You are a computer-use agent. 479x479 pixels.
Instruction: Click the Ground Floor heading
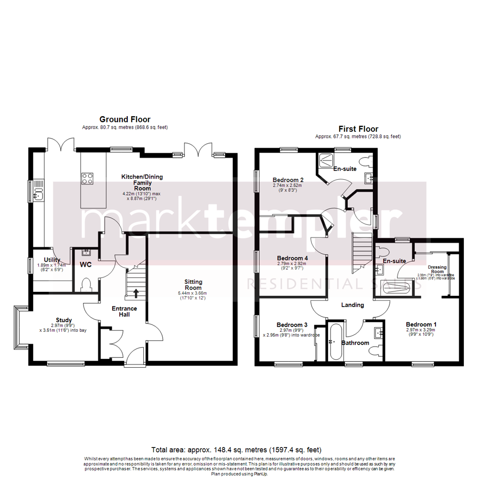pyautogui.click(x=125, y=119)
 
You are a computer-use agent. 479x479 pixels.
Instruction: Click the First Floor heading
pyautogui.click(x=358, y=129)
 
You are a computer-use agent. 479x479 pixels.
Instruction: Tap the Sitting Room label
pyautogui.click(x=193, y=285)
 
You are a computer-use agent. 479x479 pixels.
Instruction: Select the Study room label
pyautogui.click(x=64, y=320)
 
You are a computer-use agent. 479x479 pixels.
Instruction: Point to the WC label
pyautogui.click(x=86, y=265)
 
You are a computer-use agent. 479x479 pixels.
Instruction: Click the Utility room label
pyautogui.click(x=52, y=260)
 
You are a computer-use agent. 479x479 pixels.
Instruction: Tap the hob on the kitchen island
pyautogui.click(x=87, y=178)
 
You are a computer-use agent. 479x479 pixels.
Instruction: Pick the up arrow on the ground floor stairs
pyautogui.click(x=136, y=293)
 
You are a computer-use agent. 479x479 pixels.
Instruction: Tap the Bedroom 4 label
pyautogui.click(x=292, y=258)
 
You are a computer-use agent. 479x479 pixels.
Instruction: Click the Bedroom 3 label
pyautogui.click(x=291, y=324)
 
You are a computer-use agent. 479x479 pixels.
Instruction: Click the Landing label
pyautogui.click(x=353, y=305)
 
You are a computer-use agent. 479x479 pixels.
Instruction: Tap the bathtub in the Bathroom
pyautogui.click(x=335, y=342)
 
